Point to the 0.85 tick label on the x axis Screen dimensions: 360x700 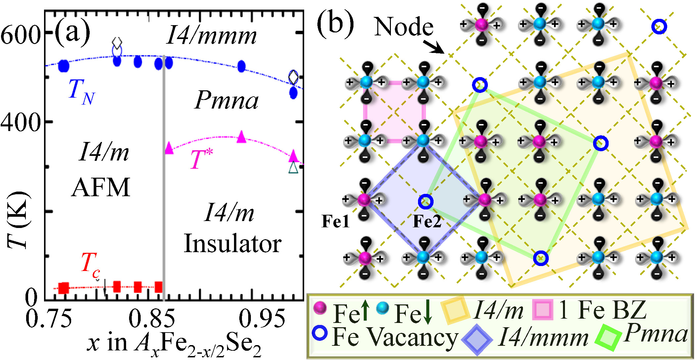[x=152, y=319]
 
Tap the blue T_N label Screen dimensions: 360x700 [x=81, y=92]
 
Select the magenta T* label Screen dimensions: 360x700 [x=201, y=159]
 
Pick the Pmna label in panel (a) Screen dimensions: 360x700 [x=226, y=100]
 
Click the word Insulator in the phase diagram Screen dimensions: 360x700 [x=232, y=244]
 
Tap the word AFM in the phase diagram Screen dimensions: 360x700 [x=101, y=187]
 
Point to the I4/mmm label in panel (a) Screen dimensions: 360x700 [x=211, y=36]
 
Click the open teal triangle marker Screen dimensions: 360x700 [x=293, y=167]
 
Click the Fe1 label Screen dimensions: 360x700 [x=335, y=221]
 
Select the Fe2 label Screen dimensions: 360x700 [x=427, y=221]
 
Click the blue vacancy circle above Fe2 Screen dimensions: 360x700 [x=426, y=201]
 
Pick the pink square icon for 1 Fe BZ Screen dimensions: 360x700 [x=542, y=310]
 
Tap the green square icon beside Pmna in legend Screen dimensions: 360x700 [x=608, y=338]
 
